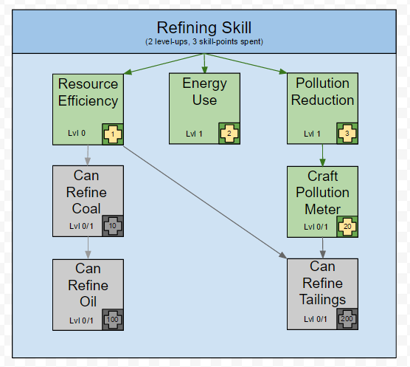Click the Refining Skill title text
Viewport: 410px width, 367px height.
pos(204,27)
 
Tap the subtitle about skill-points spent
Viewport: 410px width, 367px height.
pos(204,41)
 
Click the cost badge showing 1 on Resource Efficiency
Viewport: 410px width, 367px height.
pos(113,134)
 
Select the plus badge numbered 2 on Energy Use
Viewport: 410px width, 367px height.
pos(229,134)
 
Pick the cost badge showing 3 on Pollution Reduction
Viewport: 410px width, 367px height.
pos(347,134)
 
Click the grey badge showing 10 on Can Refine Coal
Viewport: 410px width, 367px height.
pos(113,226)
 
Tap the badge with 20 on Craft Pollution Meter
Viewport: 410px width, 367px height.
pos(347,227)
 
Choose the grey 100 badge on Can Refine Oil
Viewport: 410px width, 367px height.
pos(113,320)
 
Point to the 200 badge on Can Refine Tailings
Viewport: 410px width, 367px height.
pos(347,319)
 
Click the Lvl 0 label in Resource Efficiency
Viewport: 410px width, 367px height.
pos(77,133)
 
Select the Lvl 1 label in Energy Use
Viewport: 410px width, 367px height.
pos(194,134)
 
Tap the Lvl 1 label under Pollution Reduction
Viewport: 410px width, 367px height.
pos(312,134)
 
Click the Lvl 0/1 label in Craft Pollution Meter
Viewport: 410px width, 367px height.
pos(316,227)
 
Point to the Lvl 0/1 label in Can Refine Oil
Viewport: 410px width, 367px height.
pos(81,320)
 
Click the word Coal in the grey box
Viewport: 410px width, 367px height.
pos(86,209)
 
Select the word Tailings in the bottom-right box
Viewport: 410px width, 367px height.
pos(322,300)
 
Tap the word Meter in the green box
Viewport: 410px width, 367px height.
pos(322,210)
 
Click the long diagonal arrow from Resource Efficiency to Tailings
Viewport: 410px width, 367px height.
pos(205,202)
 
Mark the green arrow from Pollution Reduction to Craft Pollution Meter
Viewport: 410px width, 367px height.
pos(322,155)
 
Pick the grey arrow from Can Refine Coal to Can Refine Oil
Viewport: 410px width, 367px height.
pos(88,248)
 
